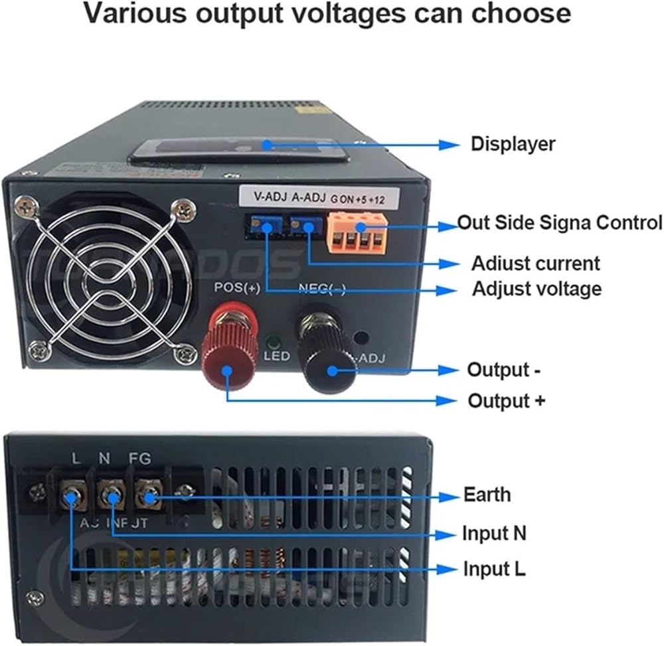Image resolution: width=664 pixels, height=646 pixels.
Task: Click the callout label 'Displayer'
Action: point(513,144)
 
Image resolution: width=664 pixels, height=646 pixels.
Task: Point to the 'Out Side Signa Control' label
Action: point(560,222)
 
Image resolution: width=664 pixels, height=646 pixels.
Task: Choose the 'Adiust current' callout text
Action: point(535,264)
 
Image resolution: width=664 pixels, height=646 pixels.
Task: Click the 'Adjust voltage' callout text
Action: point(537,289)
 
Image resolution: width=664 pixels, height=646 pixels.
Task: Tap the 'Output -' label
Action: point(503,370)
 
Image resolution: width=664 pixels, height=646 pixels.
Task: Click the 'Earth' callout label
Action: point(487,495)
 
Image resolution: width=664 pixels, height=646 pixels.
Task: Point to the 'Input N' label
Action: point(495,533)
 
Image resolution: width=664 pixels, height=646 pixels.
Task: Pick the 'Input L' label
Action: point(494,569)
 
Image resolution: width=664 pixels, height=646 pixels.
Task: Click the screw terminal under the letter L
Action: point(71,495)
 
